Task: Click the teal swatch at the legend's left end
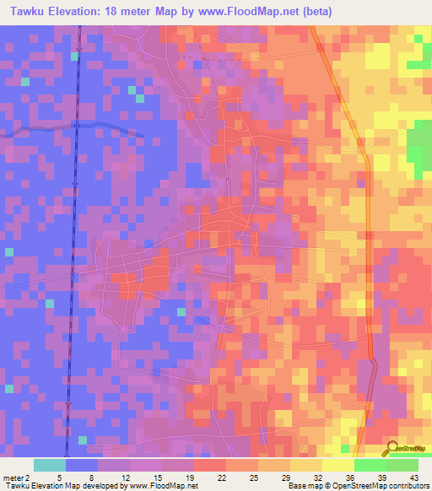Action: pos(50,465)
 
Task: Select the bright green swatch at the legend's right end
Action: pos(402,465)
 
